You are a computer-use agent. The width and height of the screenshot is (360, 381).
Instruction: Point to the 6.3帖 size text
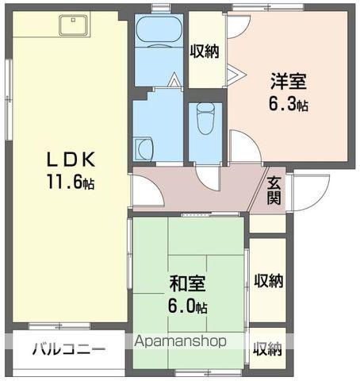coord(288,103)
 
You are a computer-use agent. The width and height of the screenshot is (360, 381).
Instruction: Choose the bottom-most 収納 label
coord(267,348)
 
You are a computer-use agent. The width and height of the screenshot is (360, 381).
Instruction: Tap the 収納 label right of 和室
coord(268,280)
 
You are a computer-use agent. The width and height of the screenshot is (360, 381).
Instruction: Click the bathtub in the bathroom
coord(159,34)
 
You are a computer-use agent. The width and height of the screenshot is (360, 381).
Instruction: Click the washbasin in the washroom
coord(144,148)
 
